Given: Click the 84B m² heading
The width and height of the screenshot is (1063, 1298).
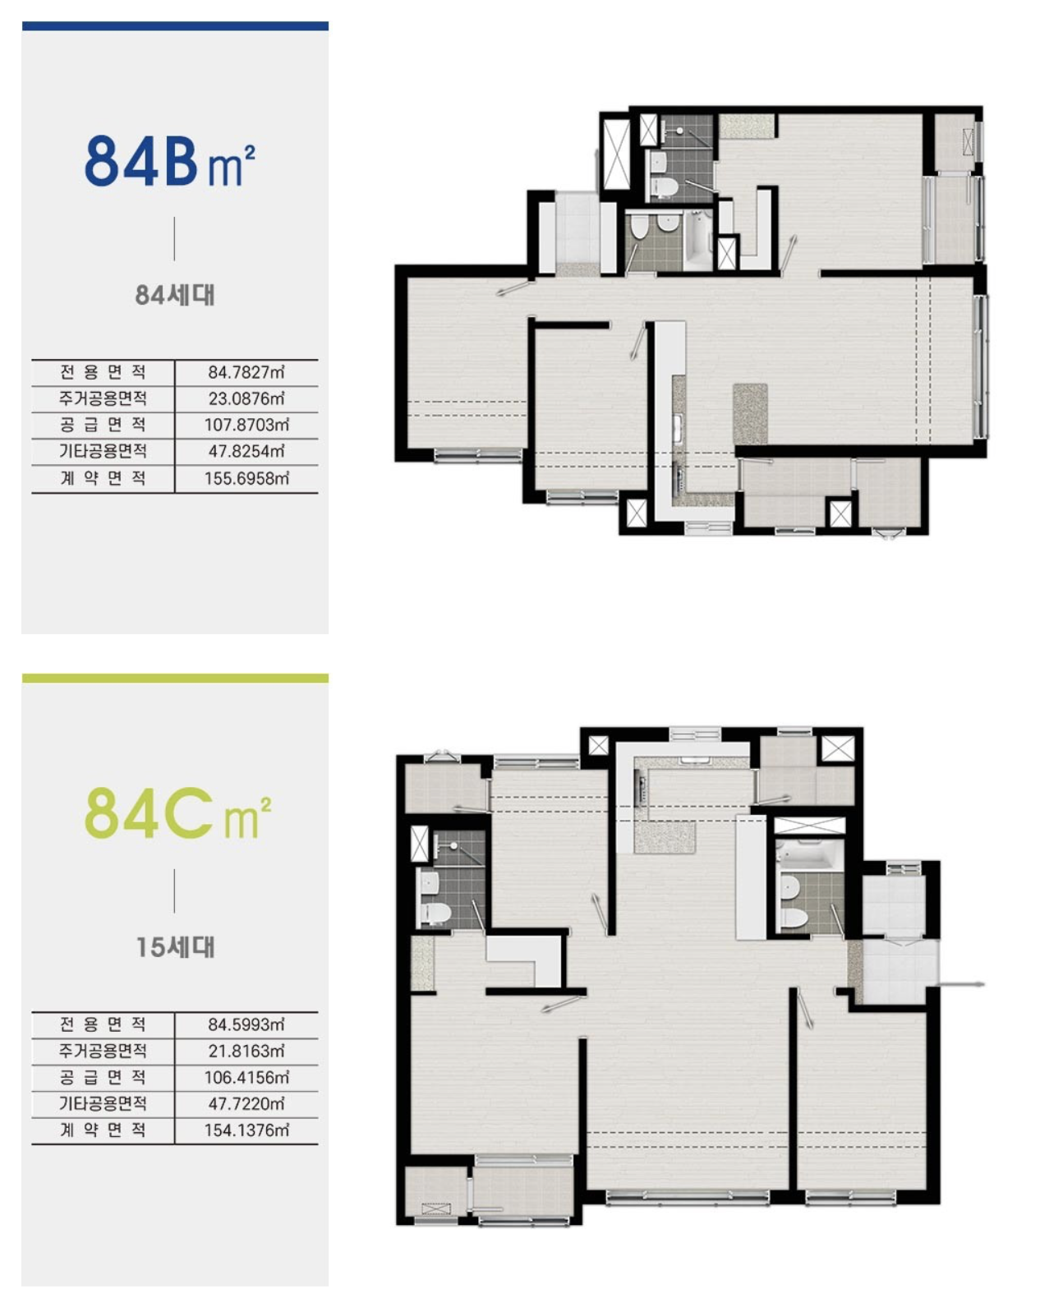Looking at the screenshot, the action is (x=169, y=161).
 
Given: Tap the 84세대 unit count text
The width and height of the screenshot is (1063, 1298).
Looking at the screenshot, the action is (x=175, y=295).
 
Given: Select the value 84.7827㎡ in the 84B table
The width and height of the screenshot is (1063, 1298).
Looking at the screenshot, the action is (x=246, y=372).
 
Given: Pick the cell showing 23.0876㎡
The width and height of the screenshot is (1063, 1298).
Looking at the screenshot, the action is (x=246, y=398).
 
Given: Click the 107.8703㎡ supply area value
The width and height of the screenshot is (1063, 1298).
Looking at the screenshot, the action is (x=246, y=425).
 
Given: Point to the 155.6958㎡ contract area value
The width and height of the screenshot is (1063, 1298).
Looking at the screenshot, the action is (x=246, y=478).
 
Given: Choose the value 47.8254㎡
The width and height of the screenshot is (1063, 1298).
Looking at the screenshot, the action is (x=246, y=451).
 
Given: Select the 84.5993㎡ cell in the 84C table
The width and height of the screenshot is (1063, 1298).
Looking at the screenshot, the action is (x=246, y=1024).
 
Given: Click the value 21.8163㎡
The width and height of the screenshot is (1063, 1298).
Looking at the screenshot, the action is (x=246, y=1052).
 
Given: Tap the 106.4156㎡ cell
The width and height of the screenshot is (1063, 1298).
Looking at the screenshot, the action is (x=246, y=1078).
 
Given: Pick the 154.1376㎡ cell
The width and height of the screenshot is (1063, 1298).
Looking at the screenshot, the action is (x=246, y=1130).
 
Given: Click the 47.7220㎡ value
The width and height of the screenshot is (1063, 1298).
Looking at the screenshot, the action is (x=246, y=1103).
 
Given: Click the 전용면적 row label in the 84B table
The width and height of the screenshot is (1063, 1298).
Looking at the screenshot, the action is (x=103, y=372).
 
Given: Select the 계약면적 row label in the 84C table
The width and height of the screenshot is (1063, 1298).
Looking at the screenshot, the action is (x=103, y=1130).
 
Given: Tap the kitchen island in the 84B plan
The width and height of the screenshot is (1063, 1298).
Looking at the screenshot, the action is (x=750, y=413).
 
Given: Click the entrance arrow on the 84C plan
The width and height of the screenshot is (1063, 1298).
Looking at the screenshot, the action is (x=961, y=984).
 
